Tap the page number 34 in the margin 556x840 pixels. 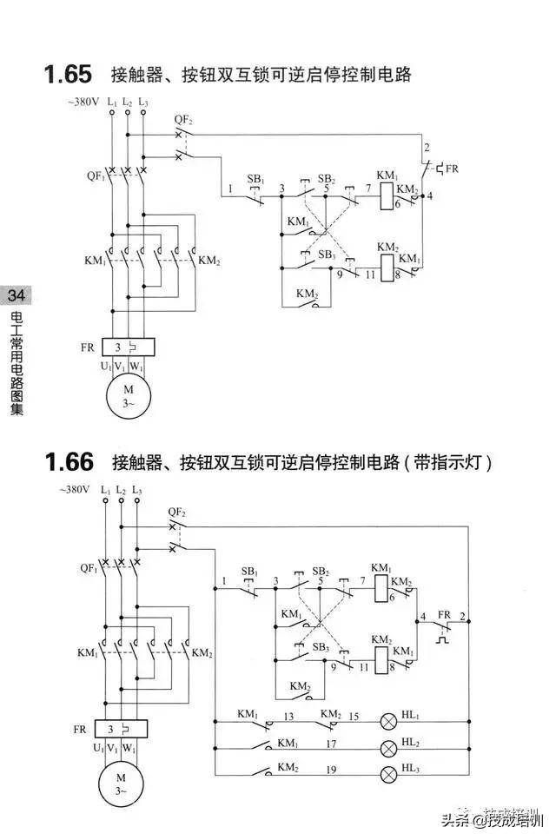click(x=16, y=295)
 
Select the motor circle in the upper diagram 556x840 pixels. click(x=129, y=394)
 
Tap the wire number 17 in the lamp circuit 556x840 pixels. click(x=331, y=744)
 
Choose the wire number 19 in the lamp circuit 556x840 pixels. click(x=331, y=769)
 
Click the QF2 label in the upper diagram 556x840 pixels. click(x=182, y=119)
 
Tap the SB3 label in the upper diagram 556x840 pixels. click(x=327, y=255)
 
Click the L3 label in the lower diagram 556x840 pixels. click(x=137, y=491)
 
